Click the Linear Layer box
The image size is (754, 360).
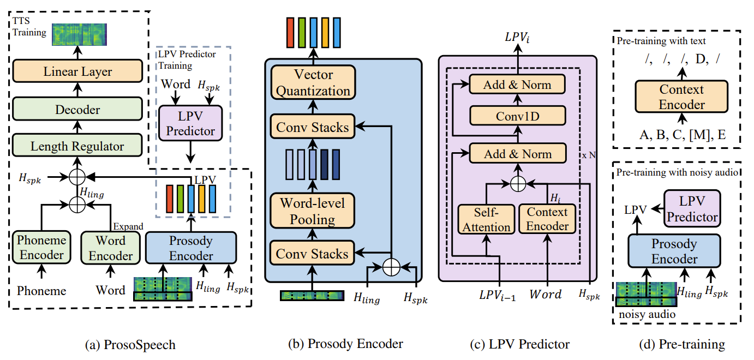[77, 71]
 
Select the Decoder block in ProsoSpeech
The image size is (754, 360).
[77, 110]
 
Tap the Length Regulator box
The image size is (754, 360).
[77, 146]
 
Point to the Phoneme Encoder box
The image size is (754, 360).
[41, 247]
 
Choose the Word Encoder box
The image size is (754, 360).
[110, 248]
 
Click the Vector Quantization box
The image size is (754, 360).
[312, 82]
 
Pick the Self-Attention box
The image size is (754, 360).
[486, 219]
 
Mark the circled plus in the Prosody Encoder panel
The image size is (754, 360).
[391, 267]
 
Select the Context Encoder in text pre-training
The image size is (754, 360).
[681, 97]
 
